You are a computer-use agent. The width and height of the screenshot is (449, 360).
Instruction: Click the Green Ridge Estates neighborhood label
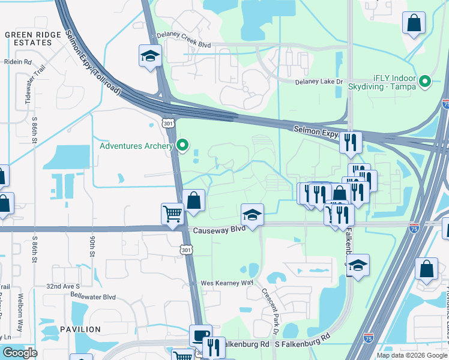point(33,39)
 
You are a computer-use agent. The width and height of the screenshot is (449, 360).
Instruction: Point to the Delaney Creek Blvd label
point(184,35)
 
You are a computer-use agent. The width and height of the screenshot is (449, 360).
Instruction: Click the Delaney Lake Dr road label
point(319,82)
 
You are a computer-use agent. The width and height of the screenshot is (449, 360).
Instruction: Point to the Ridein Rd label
point(18,62)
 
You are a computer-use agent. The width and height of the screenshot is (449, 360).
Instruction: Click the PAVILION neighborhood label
point(80,329)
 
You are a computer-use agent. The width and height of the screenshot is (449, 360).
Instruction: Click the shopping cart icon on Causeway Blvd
point(172,214)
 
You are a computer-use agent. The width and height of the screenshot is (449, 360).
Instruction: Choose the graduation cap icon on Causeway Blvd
point(253,214)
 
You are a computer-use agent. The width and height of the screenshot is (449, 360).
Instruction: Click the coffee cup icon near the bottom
point(200,335)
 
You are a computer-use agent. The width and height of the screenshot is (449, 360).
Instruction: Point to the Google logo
point(20,353)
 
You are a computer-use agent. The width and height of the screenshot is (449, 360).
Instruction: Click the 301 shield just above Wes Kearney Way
point(187,249)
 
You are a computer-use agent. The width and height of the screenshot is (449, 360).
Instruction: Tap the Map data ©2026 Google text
point(412,355)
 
